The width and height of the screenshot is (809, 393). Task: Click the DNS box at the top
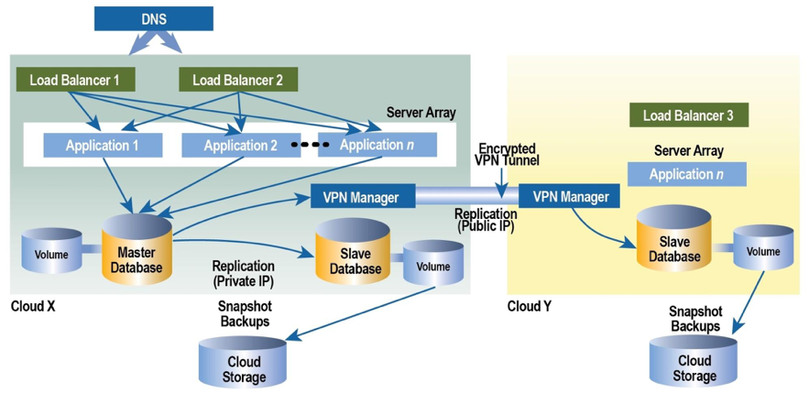153,18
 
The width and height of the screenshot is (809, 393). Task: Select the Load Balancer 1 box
74,80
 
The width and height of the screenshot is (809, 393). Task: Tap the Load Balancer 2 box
237,80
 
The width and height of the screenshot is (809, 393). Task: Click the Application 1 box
103,145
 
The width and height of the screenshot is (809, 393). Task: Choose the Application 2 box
240,145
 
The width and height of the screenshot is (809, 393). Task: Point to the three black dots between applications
309,145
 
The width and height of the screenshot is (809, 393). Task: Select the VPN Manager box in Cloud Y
571,196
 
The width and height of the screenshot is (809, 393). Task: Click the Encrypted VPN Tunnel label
506,154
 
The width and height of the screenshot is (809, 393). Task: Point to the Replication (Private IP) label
243,272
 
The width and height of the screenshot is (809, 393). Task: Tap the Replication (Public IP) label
485,219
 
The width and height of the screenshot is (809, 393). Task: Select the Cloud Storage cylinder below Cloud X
244,364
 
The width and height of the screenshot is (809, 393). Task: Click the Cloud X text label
33,306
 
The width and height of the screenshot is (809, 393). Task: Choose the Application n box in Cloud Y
686,174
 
